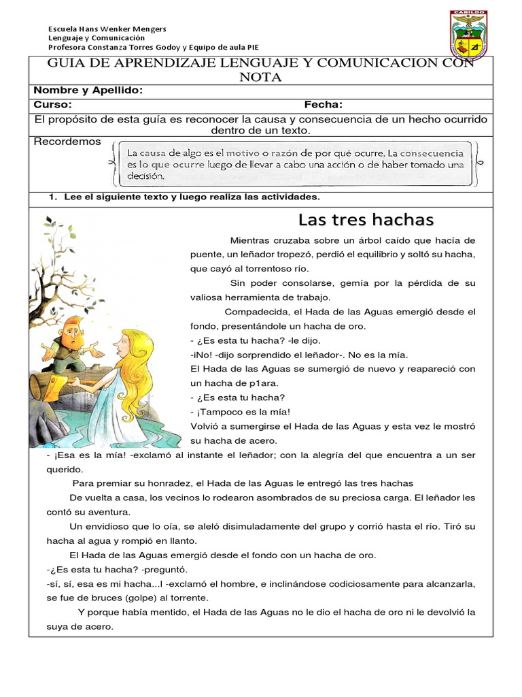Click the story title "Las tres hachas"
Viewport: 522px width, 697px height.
point(366,220)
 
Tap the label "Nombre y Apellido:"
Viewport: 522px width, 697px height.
point(88,91)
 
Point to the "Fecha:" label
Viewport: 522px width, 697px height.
point(323,105)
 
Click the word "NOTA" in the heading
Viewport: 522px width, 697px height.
point(260,78)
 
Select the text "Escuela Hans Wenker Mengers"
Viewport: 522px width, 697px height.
point(107,29)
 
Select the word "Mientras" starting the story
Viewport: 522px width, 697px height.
point(250,240)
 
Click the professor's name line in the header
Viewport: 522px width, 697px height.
point(153,47)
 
